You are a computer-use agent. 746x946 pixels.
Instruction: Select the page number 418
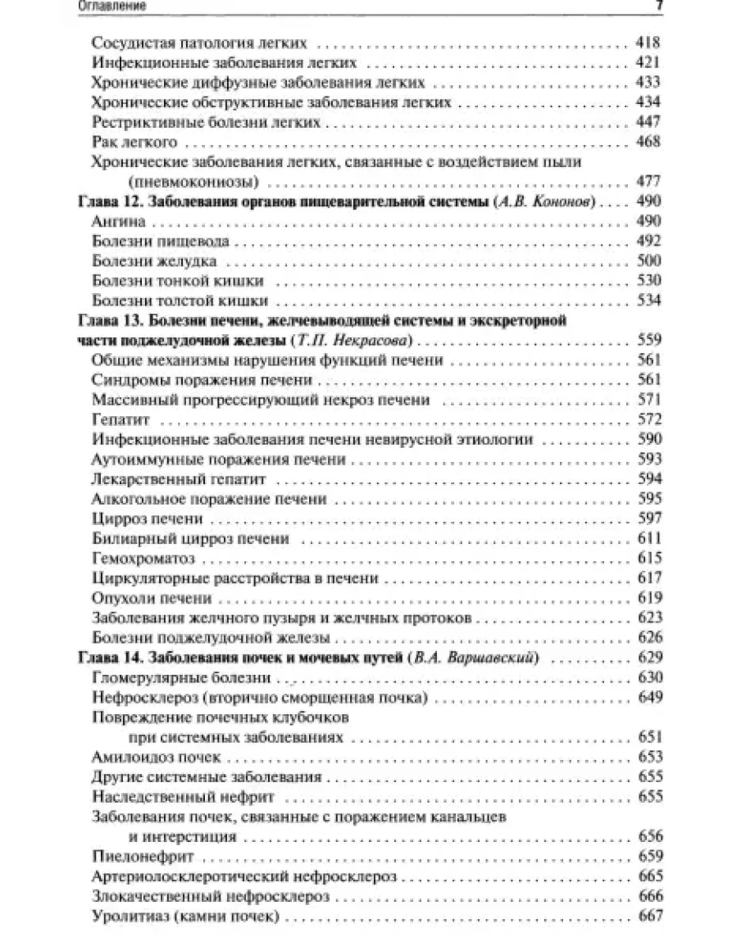coord(648,43)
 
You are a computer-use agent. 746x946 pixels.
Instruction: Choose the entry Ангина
coord(119,222)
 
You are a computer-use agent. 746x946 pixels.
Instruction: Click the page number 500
coord(648,261)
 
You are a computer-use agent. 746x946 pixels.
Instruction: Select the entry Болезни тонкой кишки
coord(182,281)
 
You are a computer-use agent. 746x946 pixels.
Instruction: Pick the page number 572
coord(648,419)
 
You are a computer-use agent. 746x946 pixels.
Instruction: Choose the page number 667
coord(648,916)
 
